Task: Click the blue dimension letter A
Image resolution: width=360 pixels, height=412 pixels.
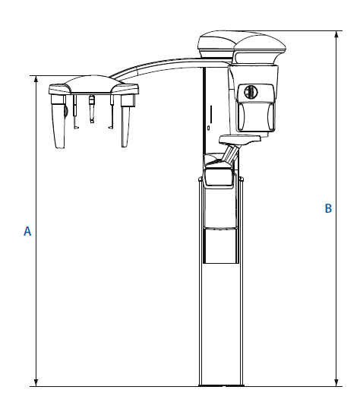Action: point(27,230)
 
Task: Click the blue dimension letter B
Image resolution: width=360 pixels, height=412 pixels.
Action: point(328,208)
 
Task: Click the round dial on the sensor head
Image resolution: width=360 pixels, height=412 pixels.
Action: point(251,91)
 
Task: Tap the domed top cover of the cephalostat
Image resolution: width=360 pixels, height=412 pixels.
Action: point(93,84)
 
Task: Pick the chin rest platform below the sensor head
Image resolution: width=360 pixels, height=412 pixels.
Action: point(239,139)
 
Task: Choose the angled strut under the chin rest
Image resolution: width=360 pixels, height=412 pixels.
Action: point(228,156)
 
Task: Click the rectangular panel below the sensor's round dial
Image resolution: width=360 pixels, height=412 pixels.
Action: point(253,116)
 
